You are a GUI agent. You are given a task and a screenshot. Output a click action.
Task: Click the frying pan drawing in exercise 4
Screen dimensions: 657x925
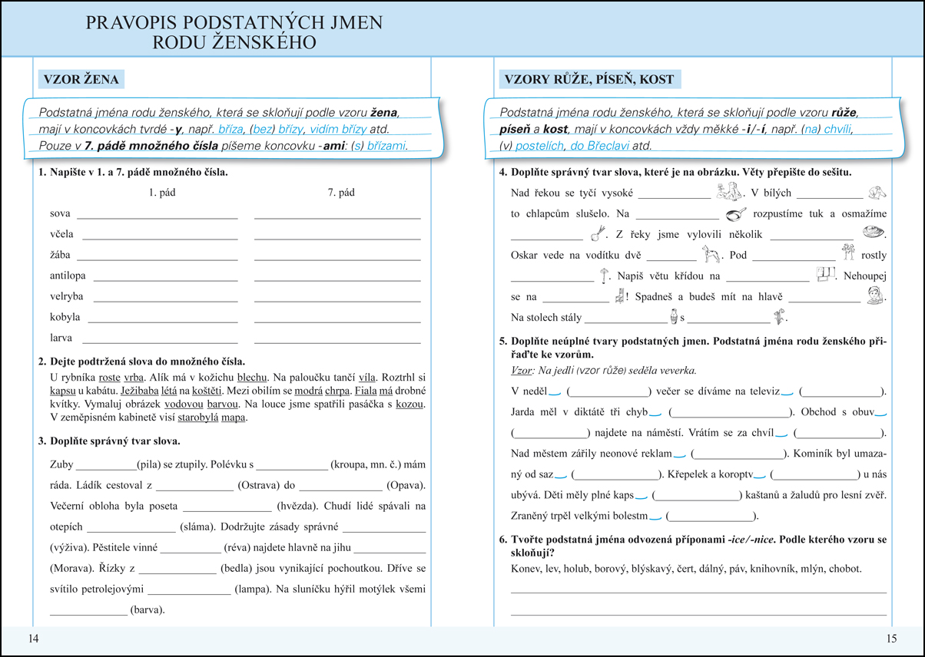[736, 213]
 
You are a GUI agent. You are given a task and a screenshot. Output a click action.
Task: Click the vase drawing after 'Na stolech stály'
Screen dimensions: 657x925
[674, 316]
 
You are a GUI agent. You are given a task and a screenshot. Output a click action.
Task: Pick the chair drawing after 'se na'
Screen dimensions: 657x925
[619, 295]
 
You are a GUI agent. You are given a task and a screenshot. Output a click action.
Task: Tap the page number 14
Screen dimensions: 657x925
[31, 639]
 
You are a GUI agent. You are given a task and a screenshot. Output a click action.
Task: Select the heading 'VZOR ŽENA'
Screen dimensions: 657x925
[80, 80]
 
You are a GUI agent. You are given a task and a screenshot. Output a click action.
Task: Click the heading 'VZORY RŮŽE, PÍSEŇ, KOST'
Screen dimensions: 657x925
[588, 80]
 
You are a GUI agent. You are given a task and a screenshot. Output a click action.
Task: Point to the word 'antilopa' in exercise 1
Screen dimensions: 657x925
[68, 276]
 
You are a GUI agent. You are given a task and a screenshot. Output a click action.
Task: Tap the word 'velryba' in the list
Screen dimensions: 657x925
[66, 296]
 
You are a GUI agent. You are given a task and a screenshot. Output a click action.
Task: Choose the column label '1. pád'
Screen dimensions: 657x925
[162, 193]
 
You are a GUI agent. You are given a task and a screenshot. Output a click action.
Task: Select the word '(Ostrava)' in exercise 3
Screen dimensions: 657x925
[260, 485]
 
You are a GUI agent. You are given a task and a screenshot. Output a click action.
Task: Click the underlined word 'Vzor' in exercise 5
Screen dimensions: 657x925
[522, 371]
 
